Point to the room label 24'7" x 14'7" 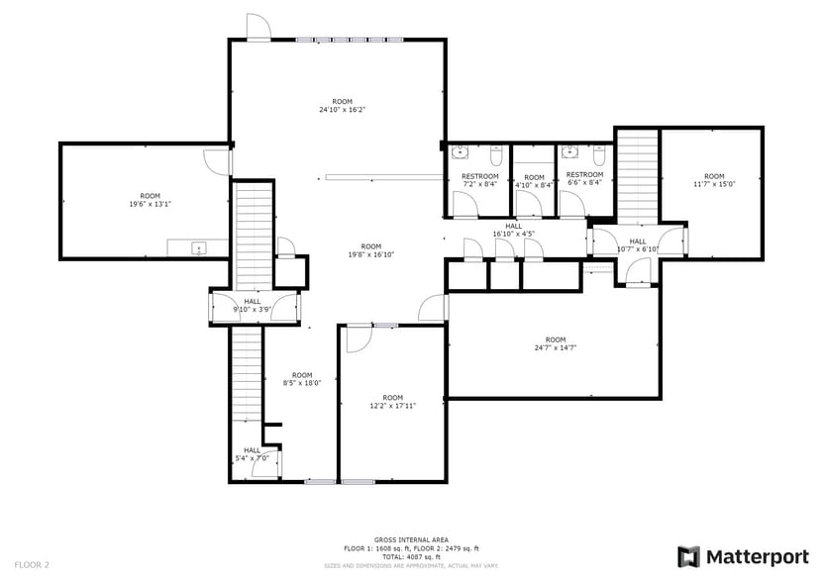pos(556,344)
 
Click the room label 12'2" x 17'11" pos(393,402)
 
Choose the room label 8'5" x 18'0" pos(302,379)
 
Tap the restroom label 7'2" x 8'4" pos(480,180)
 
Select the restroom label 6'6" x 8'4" pos(584,180)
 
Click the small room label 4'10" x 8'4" pos(534,181)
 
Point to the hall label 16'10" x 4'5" pos(513,231)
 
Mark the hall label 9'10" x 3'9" pos(253,306)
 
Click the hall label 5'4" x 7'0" pos(253,454)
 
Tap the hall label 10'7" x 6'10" pos(637,245)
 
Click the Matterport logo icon pos(689,556)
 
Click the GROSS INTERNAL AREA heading pos(411,540)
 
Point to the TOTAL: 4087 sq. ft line pos(411,556)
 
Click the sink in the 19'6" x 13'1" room pos(198,247)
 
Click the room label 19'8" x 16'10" pos(371,250)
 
